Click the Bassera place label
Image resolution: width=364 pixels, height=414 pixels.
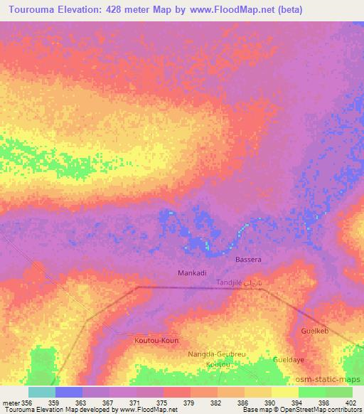click(249, 260)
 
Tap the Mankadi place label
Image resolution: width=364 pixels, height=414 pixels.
click(191, 273)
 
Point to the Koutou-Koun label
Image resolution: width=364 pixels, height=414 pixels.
click(156, 341)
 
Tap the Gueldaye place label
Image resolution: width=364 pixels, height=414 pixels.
click(288, 361)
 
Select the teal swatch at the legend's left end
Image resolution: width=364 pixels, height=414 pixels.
click(42, 392)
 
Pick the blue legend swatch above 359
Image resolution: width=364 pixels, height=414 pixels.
click(69, 392)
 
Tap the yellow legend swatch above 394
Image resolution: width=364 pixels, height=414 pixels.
click(284, 392)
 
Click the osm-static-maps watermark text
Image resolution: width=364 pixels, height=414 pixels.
click(333, 379)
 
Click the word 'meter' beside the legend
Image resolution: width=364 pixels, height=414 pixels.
click(11, 403)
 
